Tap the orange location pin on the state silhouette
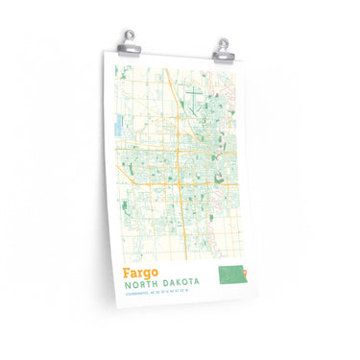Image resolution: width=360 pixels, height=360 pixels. [x=244, y=276]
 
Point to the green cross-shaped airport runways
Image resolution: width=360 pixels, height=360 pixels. [x=194, y=97]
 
